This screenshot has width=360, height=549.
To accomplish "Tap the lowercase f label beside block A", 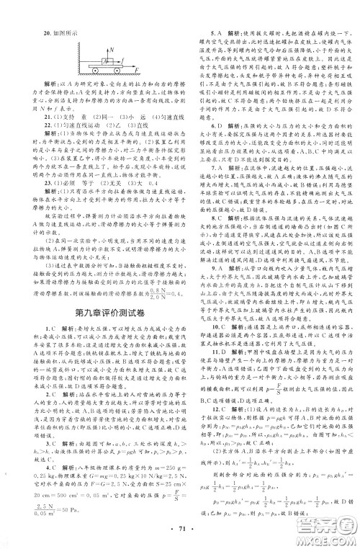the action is point(123,61).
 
